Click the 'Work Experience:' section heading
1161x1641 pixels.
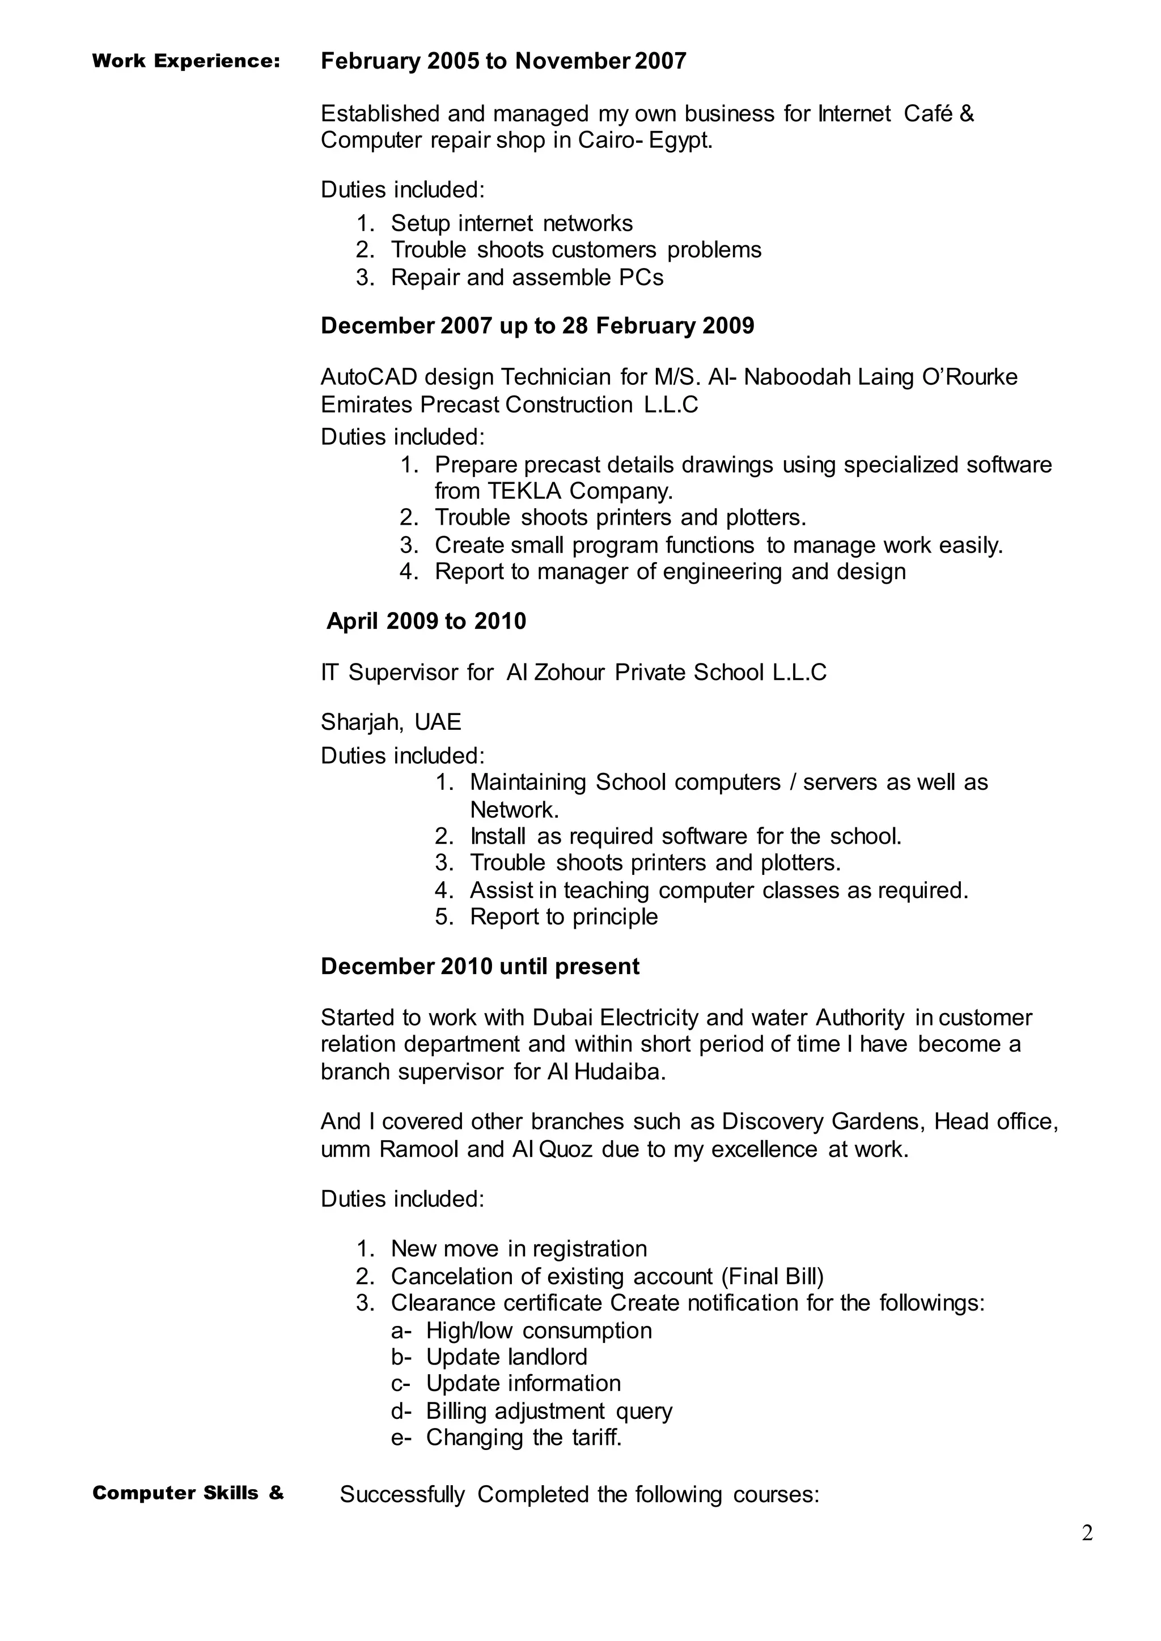click(186, 61)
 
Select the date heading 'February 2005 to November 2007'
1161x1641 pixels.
click(503, 61)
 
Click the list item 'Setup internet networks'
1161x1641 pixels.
click(511, 224)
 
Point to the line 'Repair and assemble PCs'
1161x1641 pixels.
click(527, 277)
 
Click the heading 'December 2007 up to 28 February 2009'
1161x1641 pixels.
click(537, 326)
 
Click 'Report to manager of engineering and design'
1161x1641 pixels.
click(670, 572)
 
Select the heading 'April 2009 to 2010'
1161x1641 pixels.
click(426, 621)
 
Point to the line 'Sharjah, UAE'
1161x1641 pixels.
click(391, 722)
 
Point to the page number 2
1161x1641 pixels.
click(1087, 1534)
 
